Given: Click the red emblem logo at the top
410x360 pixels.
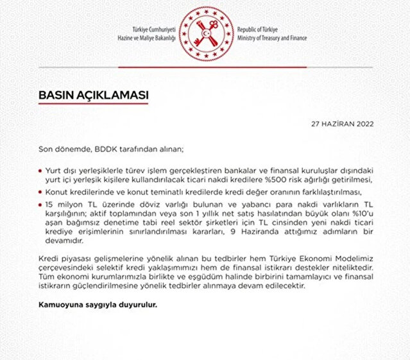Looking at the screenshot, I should click(205, 32).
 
